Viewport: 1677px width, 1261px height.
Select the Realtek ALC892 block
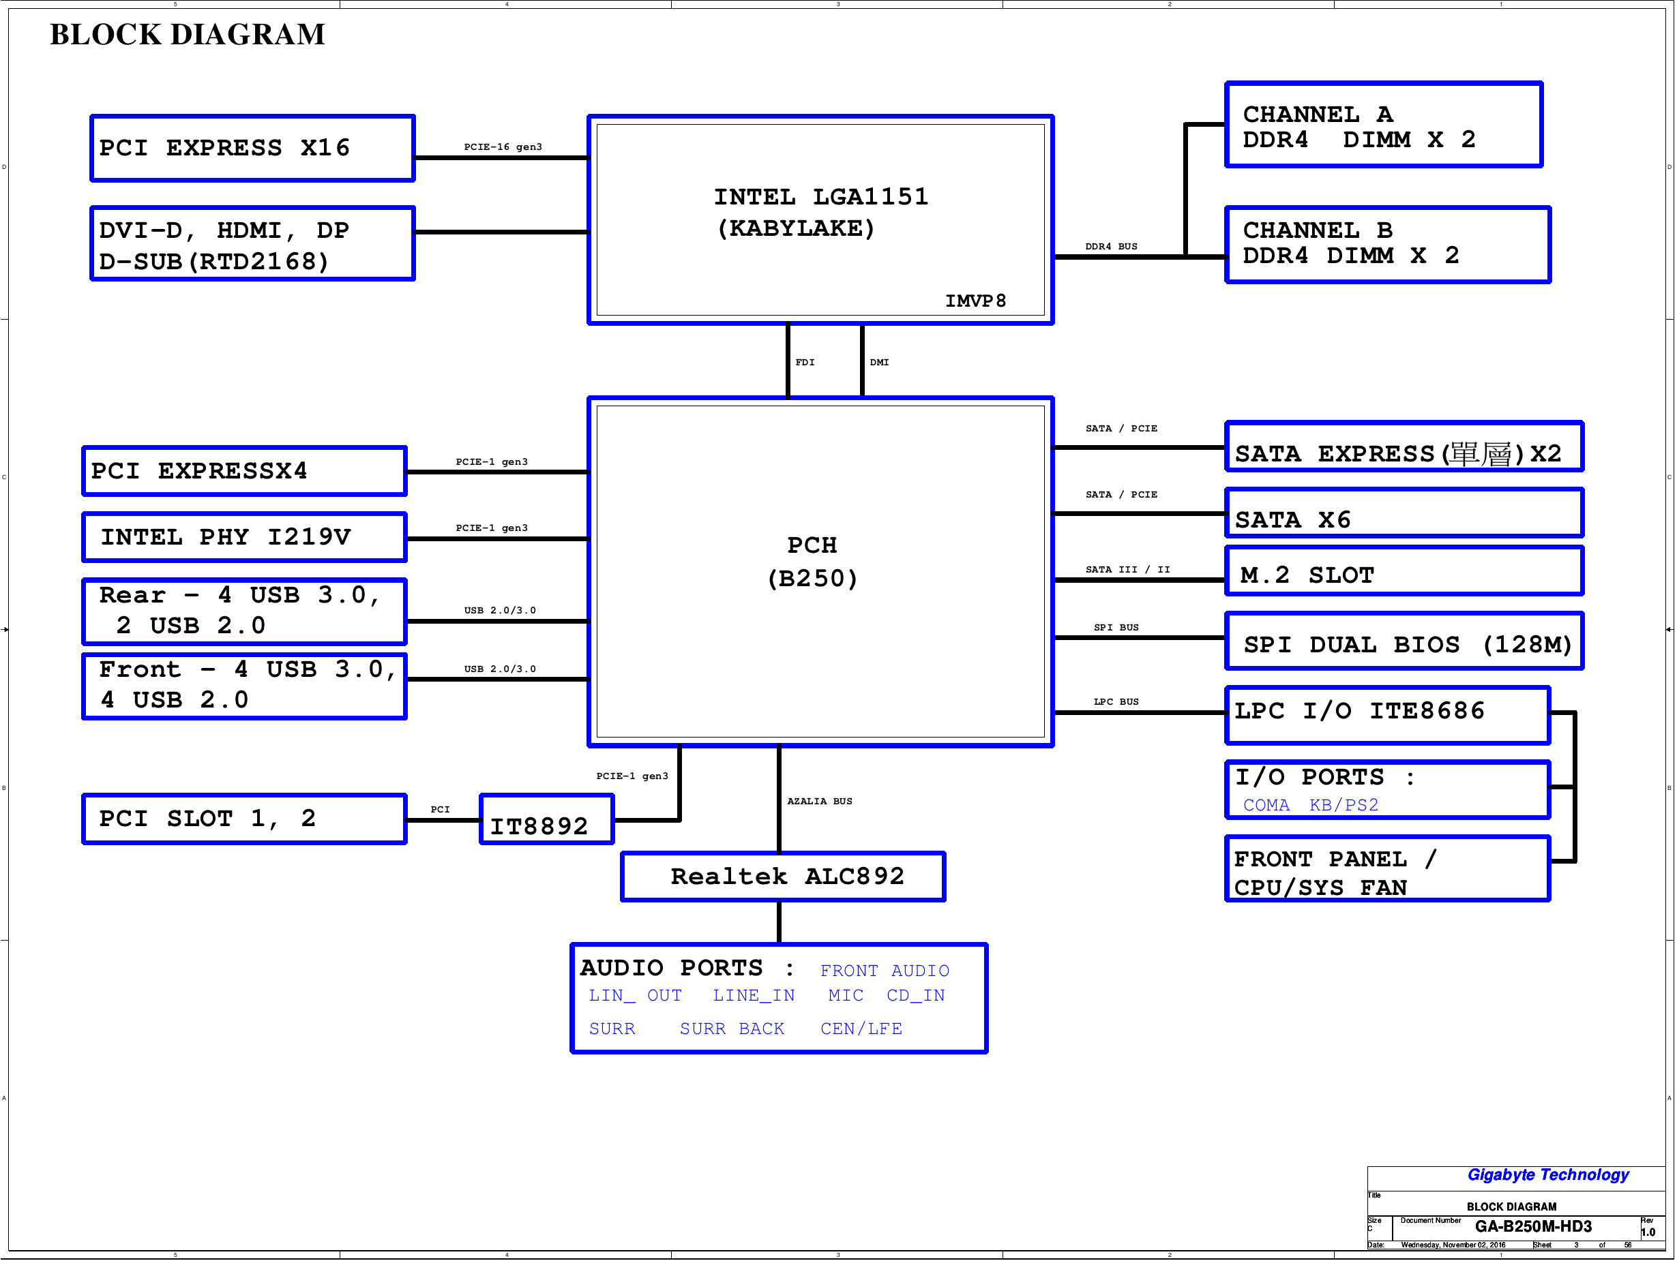click(783, 877)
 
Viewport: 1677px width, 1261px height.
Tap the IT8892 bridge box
click(547, 819)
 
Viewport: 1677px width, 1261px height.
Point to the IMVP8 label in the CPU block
click(975, 301)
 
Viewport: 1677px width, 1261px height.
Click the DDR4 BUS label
click(1111, 246)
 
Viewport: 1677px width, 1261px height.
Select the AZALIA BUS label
click(819, 801)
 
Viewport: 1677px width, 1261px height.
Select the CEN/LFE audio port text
click(861, 1029)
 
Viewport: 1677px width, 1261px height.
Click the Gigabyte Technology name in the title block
click(1547, 1174)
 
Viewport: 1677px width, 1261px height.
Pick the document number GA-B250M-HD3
click(1533, 1226)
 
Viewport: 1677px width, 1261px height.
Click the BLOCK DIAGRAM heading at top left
click(188, 34)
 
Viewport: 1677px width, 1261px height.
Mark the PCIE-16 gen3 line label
click(503, 147)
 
